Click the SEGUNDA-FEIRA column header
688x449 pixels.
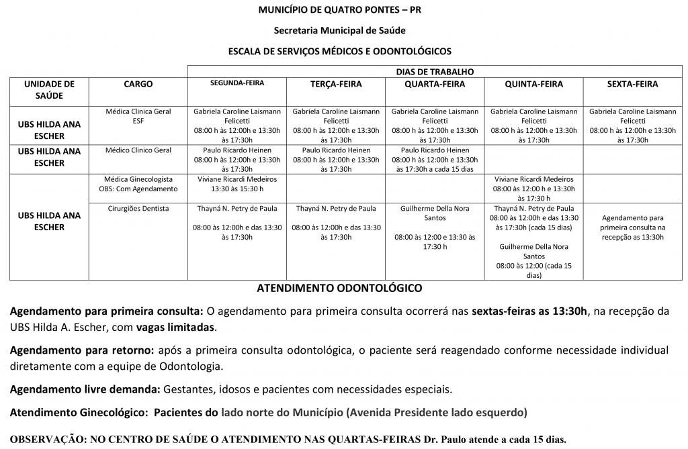236,83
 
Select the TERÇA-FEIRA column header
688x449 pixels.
336,84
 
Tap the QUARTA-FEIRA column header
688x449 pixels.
434,84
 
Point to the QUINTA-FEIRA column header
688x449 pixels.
533,84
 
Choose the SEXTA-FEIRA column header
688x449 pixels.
632,84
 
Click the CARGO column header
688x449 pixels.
138,84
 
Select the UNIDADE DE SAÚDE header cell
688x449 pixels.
49,90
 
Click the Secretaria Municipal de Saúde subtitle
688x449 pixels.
340,30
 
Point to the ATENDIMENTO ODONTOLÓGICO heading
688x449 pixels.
340,288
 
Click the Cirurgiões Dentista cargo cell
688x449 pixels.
138,209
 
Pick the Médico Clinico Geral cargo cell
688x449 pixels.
138,150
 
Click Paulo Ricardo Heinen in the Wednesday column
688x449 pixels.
435,150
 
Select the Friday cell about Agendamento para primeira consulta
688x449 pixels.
632,228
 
